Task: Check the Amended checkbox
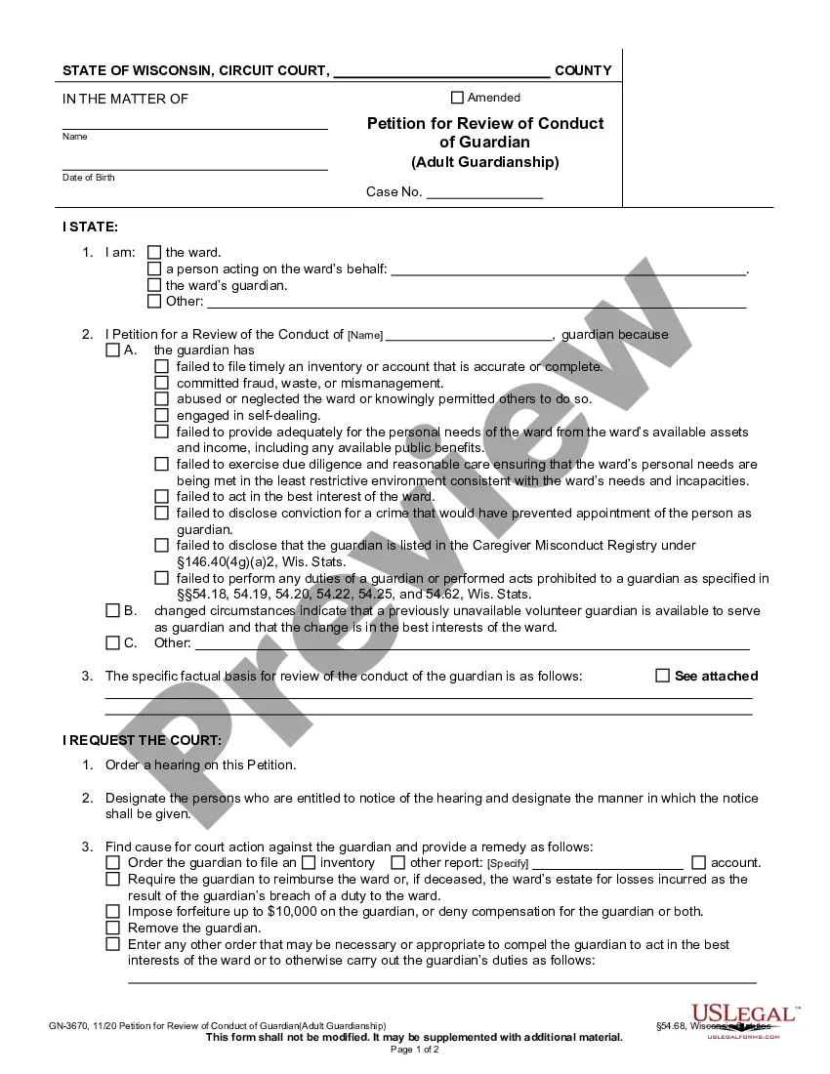[x=457, y=98]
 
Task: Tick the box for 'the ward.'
[x=154, y=253]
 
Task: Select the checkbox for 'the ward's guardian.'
[x=154, y=286]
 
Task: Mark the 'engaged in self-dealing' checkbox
[x=162, y=415]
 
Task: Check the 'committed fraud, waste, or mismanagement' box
[x=162, y=383]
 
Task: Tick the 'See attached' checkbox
[x=663, y=676]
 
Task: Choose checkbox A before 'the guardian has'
[x=112, y=351]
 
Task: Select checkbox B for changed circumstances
[x=112, y=611]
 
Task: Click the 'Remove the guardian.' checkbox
[x=113, y=929]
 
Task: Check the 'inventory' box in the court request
[x=309, y=863]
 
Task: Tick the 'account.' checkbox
[x=698, y=863]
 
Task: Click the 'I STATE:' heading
[x=91, y=227]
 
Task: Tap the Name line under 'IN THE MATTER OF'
[x=195, y=126]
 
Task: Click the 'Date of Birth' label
[x=89, y=178]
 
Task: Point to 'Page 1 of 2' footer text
[x=415, y=1051]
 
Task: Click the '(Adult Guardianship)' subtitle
[x=485, y=163]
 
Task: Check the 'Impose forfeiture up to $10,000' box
[x=113, y=912]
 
